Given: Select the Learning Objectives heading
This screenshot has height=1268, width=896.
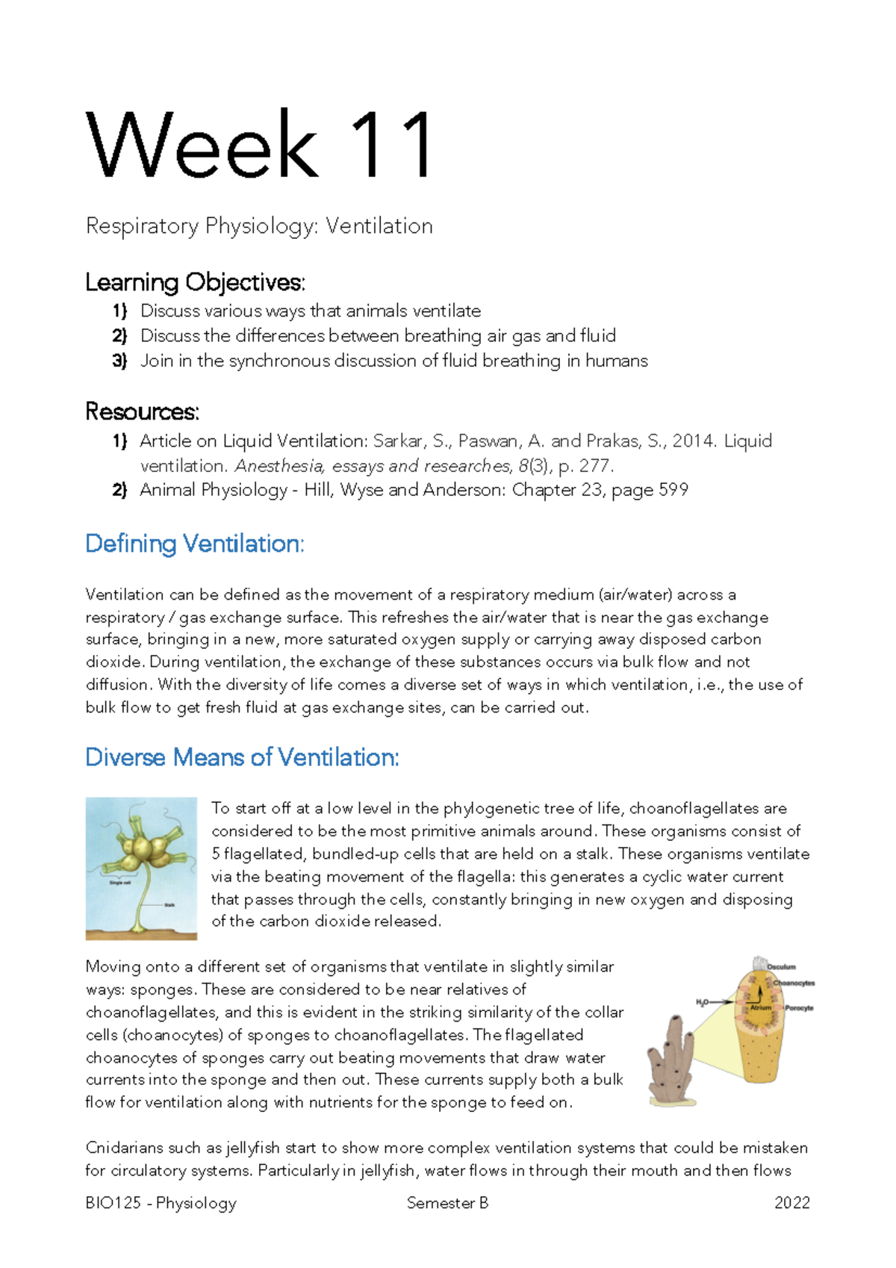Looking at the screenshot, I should pyautogui.click(x=195, y=282).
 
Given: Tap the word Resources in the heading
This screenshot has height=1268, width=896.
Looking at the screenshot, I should pyautogui.click(x=142, y=411).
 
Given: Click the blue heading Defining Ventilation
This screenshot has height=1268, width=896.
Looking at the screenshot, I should pyautogui.click(x=195, y=544).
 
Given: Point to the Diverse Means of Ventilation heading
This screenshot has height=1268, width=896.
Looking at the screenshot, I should pyautogui.click(x=242, y=757).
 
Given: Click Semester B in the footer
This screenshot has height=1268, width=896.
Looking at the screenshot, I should pyautogui.click(x=447, y=1203).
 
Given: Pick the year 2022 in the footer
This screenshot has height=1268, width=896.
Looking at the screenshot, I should pyautogui.click(x=791, y=1203).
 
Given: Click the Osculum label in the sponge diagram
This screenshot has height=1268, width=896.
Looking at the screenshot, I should pyautogui.click(x=782, y=966).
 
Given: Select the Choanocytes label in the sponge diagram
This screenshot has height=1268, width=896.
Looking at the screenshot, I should pyautogui.click(x=794, y=983).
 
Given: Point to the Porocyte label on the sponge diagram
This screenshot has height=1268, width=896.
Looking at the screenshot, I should pyautogui.click(x=798, y=1008).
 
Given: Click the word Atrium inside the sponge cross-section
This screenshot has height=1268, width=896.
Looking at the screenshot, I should pyautogui.click(x=760, y=1007).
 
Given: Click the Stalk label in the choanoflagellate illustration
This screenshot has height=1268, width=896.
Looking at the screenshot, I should pyautogui.click(x=169, y=904).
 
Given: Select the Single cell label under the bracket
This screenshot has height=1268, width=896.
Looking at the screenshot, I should pyautogui.click(x=119, y=883).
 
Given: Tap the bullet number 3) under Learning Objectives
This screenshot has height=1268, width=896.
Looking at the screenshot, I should pyautogui.click(x=119, y=361).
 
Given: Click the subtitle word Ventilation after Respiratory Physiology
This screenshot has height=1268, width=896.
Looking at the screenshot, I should pyautogui.click(x=379, y=226).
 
